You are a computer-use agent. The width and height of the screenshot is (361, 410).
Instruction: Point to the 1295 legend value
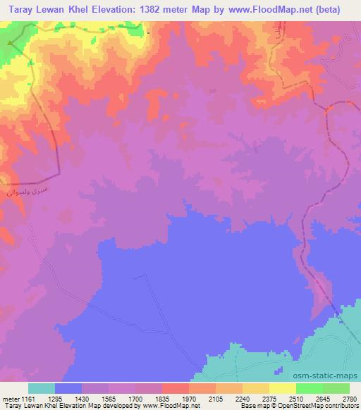67,398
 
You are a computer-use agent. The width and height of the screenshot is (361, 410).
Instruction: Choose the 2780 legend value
348,398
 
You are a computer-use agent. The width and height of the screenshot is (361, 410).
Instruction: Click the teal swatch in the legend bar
41,388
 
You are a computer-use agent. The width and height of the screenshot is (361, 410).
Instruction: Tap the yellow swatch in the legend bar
282,388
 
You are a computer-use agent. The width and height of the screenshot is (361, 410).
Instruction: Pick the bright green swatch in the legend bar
309,388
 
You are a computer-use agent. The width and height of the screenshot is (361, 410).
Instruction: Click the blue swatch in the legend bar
68,388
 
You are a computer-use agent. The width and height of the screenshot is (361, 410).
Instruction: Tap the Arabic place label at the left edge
21,190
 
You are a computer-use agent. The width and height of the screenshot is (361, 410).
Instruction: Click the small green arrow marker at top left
9,42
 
